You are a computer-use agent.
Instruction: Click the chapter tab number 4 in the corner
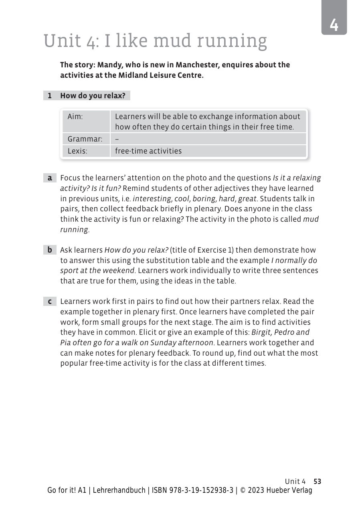click(334, 25)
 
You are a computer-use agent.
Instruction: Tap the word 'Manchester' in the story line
click(198, 65)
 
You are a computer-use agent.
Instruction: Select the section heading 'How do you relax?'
click(93, 96)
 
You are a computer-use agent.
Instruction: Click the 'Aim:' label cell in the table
click(75, 117)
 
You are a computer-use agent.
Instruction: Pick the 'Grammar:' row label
click(85, 139)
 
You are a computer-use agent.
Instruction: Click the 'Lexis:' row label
click(77, 151)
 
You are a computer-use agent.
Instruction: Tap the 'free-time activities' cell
click(148, 151)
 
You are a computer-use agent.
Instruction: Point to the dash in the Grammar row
click(117, 139)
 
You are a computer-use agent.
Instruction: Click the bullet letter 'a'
click(50, 178)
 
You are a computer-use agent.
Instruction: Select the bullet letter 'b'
click(50, 250)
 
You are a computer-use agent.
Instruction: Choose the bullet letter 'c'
click(50, 302)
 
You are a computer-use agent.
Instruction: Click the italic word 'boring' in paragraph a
click(204, 198)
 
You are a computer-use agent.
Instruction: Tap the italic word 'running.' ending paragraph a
click(75, 230)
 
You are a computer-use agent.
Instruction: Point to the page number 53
click(318, 482)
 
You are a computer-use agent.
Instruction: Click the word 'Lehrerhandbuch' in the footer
click(119, 490)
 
